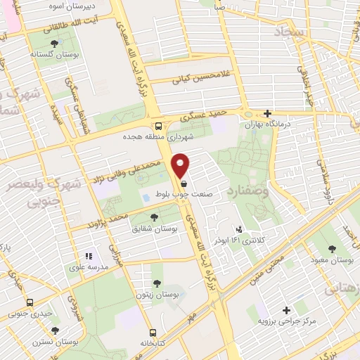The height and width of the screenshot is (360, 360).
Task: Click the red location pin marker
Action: click(x=181, y=165)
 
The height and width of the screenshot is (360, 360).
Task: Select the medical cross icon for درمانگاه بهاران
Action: click(x=266, y=113)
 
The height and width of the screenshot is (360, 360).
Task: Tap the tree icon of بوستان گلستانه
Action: click(x=54, y=44)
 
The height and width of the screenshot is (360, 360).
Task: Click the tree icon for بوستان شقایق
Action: click(x=154, y=218)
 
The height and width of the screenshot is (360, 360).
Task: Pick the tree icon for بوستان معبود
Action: click(x=332, y=248)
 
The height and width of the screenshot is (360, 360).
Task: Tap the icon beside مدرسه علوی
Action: click(x=89, y=257)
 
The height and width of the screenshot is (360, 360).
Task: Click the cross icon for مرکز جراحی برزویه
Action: click(x=285, y=310)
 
